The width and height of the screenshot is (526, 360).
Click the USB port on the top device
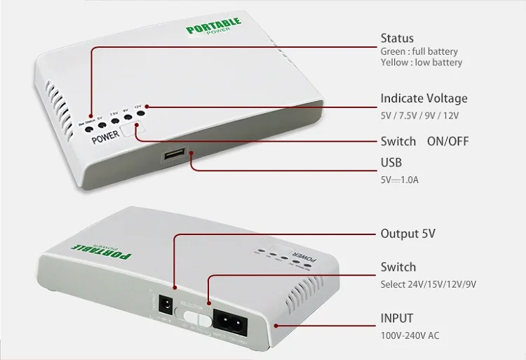point(175,154)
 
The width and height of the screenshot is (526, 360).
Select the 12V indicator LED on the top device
point(141,112)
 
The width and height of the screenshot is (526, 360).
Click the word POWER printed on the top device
point(105,138)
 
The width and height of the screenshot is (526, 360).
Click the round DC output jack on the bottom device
point(168,305)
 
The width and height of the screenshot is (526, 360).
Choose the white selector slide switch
point(201,317)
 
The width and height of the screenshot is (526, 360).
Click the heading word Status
point(397,38)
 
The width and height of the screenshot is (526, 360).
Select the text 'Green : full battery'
point(419,51)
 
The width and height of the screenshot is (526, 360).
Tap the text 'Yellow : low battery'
point(422,62)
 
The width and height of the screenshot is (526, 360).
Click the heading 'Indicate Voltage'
point(424,98)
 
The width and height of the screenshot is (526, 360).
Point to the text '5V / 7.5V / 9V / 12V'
point(420,115)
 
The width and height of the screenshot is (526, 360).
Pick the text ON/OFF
point(448,141)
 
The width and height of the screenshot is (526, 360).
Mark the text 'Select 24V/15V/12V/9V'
point(429,284)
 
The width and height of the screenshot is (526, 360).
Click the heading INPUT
point(397,318)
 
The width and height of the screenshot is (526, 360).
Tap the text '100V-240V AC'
point(410,335)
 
